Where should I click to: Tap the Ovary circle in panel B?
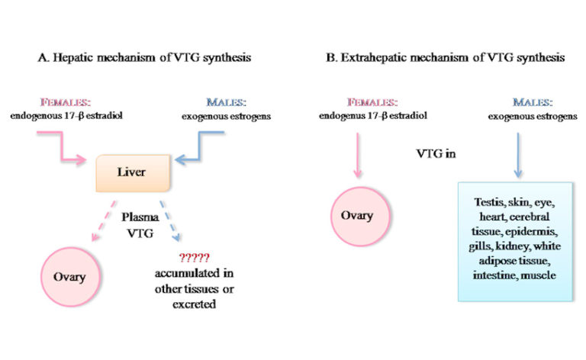click(x=357, y=216)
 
